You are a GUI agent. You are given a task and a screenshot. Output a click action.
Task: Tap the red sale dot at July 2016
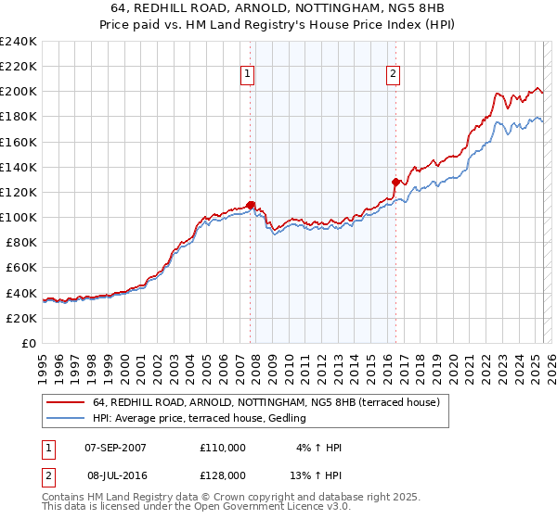[x=396, y=182]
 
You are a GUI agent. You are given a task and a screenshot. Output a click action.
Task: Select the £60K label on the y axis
[x=21, y=268]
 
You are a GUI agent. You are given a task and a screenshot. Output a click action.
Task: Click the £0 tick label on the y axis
[x=30, y=343]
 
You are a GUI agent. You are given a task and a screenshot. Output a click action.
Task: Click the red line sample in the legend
[x=66, y=402]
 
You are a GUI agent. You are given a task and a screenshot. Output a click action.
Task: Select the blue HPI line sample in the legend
[x=66, y=419]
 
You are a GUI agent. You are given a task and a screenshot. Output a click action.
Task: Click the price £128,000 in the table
[x=223, y=475]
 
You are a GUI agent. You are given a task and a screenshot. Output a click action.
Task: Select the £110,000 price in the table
[x=223, y=448]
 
